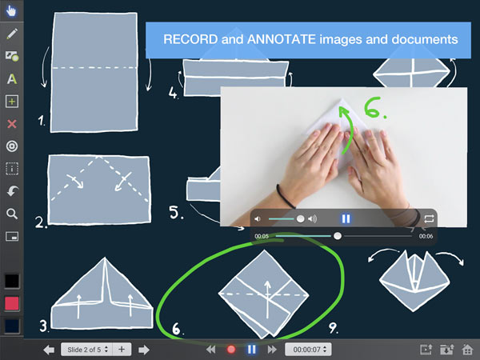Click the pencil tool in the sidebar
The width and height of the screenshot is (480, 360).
(x=12, y=34)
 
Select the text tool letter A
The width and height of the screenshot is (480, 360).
(x=12, y=79)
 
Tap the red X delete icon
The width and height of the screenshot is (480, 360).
(x=12, y=124)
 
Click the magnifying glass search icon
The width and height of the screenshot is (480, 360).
(x=12, y=214)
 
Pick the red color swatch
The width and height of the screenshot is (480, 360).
(x=12, y=303)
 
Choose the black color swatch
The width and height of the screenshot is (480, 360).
(x=12, y=281)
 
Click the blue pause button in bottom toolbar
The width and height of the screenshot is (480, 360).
(x=252, y=350)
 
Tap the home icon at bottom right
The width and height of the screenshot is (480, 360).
(x=467, y=350)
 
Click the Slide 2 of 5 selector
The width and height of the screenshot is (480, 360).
(x=86, y=350)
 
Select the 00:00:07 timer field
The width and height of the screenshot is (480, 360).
(x=308, y=350)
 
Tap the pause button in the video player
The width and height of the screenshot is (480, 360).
(x=346, y=218)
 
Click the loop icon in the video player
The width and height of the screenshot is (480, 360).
(x=429, y=218)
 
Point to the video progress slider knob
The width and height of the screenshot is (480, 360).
(x=338, y=236)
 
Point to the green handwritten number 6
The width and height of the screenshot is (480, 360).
(x=372, y=107)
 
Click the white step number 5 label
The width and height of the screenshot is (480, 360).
(x=174, y=212)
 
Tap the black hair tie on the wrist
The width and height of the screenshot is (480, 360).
(x=285, y=197)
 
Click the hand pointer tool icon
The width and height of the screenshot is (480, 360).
(x=11, y=10)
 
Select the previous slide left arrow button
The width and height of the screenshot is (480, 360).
(x=49, y=350)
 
